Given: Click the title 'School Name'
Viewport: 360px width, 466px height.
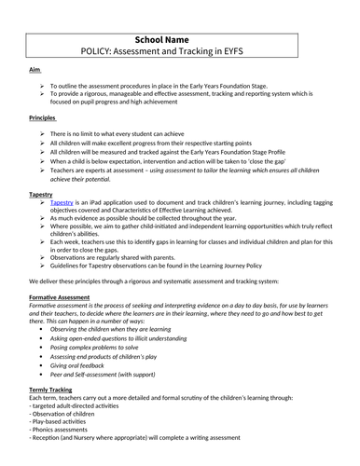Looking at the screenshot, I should pyautogui.click(x=180, y=15).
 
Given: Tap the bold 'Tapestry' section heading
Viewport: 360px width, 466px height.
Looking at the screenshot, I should pyautogui.click(x=42, y=195).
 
